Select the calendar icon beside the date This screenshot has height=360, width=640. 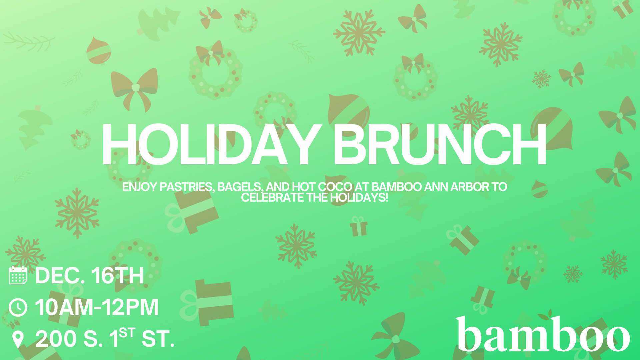18,275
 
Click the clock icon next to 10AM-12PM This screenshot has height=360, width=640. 18,307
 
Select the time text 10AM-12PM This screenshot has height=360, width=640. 97,307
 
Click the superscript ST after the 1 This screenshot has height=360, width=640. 127,333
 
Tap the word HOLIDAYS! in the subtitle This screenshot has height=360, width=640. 359,197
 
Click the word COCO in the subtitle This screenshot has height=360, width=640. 335,187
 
